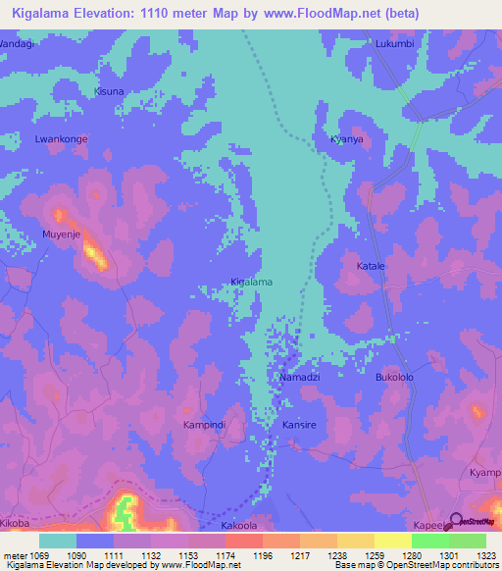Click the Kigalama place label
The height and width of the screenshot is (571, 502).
[251, 282]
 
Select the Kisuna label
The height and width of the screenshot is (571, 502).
[109, 91]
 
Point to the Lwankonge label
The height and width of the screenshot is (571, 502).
[63, 139]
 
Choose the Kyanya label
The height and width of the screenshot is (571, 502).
[347, 139]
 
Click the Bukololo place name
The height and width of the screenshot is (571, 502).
[396, 377]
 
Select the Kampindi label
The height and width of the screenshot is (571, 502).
[205, 425]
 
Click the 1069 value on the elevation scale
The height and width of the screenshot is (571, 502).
[37, 554]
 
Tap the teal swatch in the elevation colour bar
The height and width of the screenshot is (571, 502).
[57, 541]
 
